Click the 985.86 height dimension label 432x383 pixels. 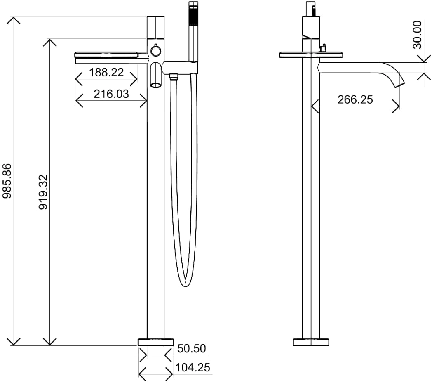(7, 181)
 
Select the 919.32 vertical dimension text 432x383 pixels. (43, 192)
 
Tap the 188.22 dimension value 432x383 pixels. (106, 73)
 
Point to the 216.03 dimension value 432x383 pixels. (111, 94)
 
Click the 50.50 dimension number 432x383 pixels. (192, 348)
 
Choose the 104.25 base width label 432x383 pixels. (193, 368)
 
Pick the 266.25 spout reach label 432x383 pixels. (355, 99)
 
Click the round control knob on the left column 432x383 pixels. (156, 51)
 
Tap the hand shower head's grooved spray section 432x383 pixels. (193, 15)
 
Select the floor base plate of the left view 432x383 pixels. (156, 342)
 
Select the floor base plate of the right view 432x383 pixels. (311, 342)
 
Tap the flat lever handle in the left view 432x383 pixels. (106, 54)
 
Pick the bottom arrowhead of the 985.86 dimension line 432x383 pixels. (14, 342)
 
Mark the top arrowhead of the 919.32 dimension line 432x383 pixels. (49, 43)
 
